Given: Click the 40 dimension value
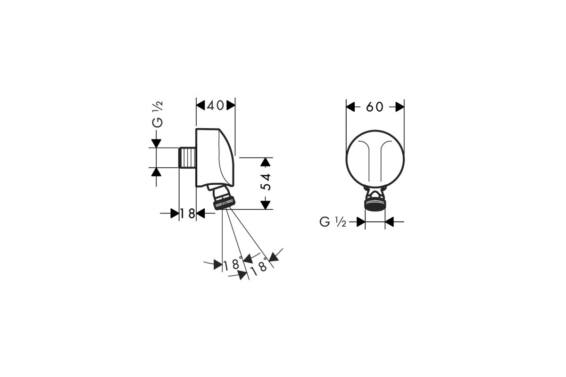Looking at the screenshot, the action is (x=215, y=106).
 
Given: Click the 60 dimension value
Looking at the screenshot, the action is (x=375, y=107).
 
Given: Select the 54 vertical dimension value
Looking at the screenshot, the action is (x=266, y=182).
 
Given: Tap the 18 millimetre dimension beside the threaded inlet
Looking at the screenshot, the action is (x=188, y=214).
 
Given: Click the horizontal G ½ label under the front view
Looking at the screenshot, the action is (x=333, y=222).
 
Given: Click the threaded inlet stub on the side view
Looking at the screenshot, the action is (x=187, y=157).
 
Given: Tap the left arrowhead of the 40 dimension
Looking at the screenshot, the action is (x=200, y=105).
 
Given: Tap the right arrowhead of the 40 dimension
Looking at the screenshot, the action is (x=231, y=105).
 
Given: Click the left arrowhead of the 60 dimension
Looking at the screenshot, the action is (x=350, y=107).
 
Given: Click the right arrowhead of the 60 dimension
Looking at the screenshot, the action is (x=400, y=107).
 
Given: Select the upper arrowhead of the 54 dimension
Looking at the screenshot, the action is (x=265, y=162).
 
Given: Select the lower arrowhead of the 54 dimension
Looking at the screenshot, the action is (x=265, y=205).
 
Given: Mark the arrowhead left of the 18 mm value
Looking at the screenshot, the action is (x=175, y=213).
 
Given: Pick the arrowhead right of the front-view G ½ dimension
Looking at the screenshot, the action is (x=390, y=222).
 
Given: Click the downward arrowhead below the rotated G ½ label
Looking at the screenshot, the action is (x=157, y=143).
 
